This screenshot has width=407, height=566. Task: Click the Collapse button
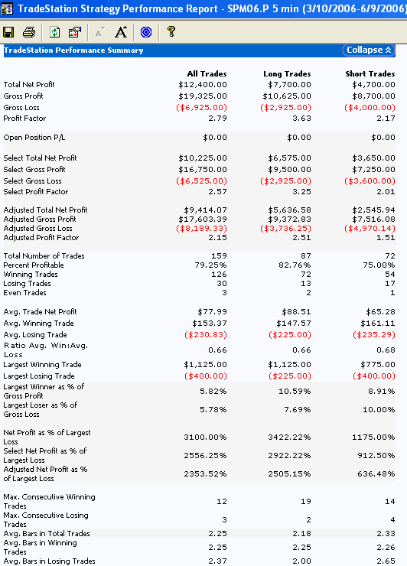[368, 50]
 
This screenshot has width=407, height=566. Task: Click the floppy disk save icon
[8, 32]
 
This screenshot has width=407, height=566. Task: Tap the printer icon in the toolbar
[29, 32]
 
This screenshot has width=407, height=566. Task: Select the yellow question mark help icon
[171, 31]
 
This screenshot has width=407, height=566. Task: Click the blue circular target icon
[146, 32]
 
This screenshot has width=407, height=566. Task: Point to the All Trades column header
[207, 74]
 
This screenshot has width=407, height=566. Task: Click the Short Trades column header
[370, 74]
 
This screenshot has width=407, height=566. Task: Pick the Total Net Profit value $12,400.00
[203, 85]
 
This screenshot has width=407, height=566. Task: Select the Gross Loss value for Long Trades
[285, 108]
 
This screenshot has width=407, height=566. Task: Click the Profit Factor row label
[24, 119]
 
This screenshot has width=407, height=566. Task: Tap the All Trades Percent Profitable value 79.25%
[210, 265]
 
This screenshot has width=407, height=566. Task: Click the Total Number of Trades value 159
[219, 256]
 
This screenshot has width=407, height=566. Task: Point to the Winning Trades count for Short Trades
[389, 275]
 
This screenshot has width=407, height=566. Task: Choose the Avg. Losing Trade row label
[35, 334]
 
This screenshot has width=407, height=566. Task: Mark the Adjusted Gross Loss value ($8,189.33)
[201, 229]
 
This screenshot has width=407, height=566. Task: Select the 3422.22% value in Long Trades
[289, 438]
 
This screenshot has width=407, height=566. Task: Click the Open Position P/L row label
[34, 138]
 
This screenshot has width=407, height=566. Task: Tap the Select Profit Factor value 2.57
[217, 192]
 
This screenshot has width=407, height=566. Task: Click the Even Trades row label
[24, 293]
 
